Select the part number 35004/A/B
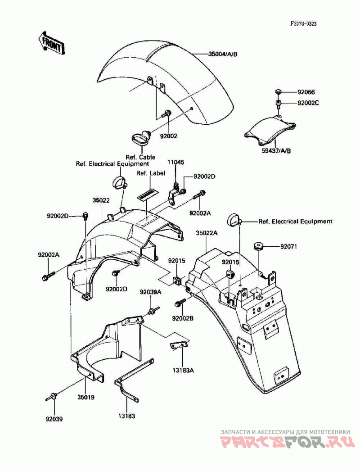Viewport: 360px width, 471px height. [x=223, y=54]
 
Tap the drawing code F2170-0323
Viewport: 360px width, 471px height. [x=303, y=24]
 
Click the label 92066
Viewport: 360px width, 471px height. [x=306, y=92]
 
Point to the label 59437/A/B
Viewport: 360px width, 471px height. [x=276, y=150]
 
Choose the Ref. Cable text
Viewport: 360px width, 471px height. [x=140, y=157]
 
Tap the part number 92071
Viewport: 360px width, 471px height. [x=288, y=247]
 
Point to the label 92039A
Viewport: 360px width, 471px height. [x=150, y=292]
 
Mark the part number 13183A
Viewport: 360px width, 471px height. [x=183, y=371]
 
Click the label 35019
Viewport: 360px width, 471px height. [x=86, y=397]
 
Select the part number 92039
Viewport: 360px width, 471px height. [x=54, y=419]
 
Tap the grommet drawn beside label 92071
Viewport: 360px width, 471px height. [x=258, y=246]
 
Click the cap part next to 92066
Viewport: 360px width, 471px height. [x=278, y=91]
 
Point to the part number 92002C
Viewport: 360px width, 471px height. [x=308, y=103]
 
